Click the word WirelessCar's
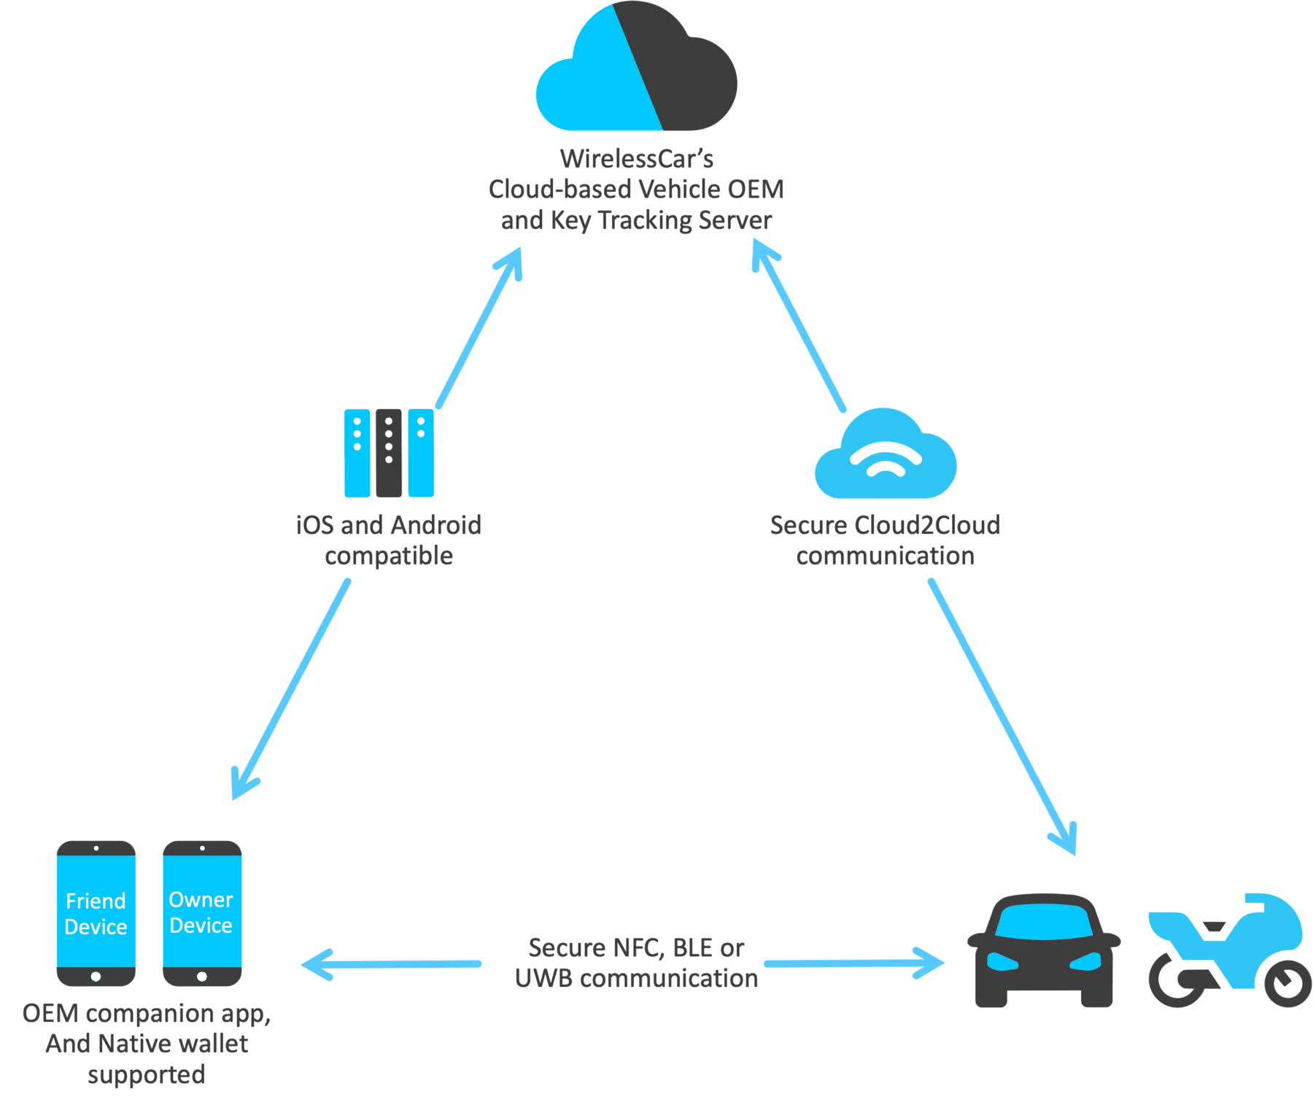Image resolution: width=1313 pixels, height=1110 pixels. [x=636, y=158]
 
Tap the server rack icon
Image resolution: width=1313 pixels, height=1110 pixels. [x=389, y=453]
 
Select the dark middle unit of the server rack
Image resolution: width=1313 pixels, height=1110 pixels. [x=389, y=453]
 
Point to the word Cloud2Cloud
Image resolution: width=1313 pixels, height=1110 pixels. [x=926, y=525]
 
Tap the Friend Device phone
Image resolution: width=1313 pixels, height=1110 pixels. [x=96, y=913]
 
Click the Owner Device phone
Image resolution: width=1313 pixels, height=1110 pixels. [x=202, y=913]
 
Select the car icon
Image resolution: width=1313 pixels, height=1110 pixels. [x=1044, y=952]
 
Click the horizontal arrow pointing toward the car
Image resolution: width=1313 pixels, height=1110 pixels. [x=853, y=963]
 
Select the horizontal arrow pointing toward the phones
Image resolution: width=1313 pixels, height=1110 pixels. [x=390, y=964]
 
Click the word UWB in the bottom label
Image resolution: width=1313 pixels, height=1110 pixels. [x=543, y=979]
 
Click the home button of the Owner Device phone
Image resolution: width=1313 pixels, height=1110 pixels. [x=202, y=977]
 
